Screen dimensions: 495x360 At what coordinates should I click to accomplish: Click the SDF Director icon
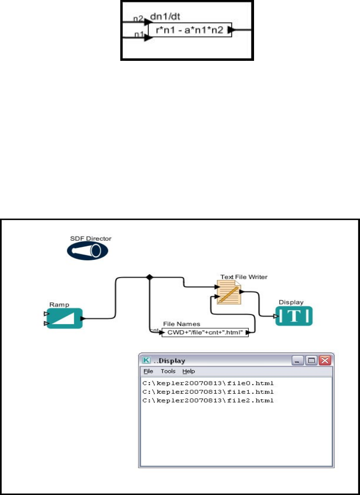87,251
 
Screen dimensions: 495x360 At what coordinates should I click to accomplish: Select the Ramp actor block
64,319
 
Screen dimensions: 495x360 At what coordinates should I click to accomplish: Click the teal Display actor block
294,316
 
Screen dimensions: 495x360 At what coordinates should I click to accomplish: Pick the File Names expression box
205,333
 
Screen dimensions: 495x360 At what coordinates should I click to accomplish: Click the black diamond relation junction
149,277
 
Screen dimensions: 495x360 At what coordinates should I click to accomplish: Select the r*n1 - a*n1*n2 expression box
190,30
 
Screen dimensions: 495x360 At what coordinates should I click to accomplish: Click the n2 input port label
138,19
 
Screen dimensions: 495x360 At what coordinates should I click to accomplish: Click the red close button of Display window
324,360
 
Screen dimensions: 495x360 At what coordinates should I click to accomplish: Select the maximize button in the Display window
311,360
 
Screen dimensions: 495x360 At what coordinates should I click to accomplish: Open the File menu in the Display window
149,371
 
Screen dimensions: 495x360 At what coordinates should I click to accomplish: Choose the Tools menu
168,371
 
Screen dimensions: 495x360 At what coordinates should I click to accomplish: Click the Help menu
188,371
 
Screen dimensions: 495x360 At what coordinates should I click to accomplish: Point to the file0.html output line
208,383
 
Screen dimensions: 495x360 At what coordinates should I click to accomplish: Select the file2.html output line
208,400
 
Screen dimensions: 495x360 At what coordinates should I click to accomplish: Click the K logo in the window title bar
147,360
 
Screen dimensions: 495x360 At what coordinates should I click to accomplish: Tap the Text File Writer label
244,276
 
